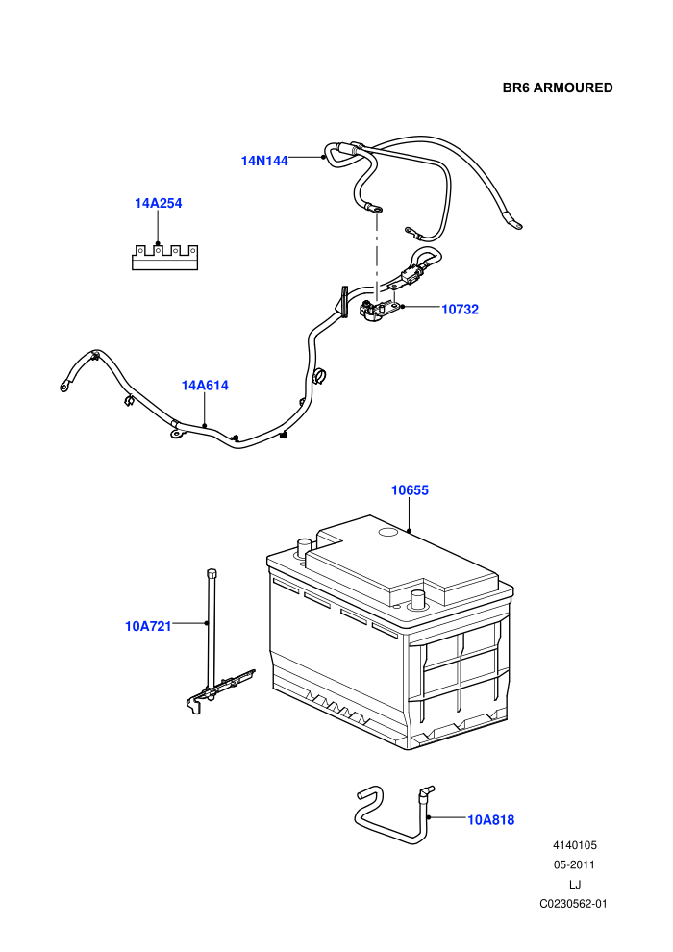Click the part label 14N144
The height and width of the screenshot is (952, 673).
coord(264,161)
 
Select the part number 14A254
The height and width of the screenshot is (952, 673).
coord(159,204)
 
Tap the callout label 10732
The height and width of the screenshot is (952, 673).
coord(460,310)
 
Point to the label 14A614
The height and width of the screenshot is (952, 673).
coord(205,386)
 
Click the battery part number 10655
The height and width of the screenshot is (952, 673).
coord(410,490)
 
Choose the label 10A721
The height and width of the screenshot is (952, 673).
coord(148,626)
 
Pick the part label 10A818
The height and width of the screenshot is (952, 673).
coord(491,820)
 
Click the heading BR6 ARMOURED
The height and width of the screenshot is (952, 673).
coord(558,88)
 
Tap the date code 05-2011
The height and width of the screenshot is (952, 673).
coord(574,864)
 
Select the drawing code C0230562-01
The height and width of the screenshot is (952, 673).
coord(573,904)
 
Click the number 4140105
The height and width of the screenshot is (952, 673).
coord(575,845)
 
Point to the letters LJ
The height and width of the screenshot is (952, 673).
coord(575,885)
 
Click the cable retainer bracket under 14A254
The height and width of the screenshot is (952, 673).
coord(165,258)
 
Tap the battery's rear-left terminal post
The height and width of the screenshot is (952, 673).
coord(304,546)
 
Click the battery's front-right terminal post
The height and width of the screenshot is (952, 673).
coord(417,599)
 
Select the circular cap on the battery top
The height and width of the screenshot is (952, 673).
coord(387,533)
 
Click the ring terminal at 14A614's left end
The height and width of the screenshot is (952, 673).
coord(64,387)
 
